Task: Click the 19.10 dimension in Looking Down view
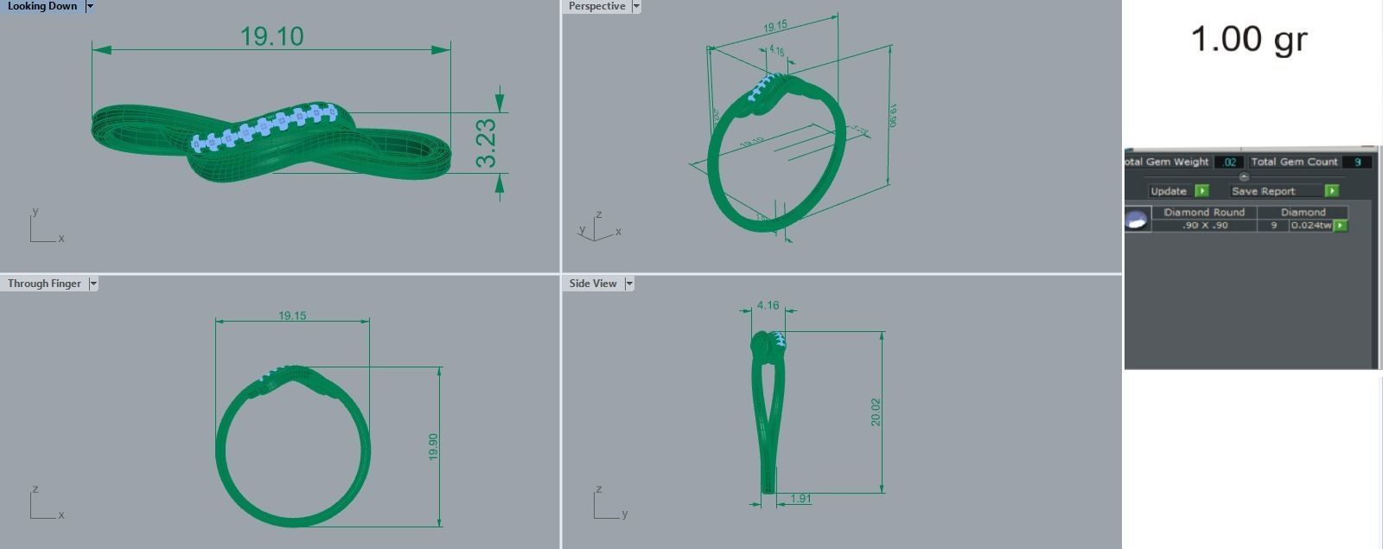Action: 271,36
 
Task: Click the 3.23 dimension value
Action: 487,143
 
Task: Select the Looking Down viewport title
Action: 41,6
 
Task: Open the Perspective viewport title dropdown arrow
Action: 636,6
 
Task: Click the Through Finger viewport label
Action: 44,284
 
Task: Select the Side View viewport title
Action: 593,284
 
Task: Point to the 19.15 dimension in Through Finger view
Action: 292,316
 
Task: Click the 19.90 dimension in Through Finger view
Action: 433,446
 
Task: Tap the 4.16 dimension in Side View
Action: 768,305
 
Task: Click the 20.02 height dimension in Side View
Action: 876,412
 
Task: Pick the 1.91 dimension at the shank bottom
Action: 800,499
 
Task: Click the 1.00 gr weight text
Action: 1249,40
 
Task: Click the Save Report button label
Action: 1264,191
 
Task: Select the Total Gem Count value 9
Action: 1358,162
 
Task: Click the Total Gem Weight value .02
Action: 1229,162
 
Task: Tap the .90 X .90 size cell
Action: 1205,226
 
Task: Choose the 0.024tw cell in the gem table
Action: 1310,226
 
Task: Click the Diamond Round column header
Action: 1204,212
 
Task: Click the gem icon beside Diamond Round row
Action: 1137,220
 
